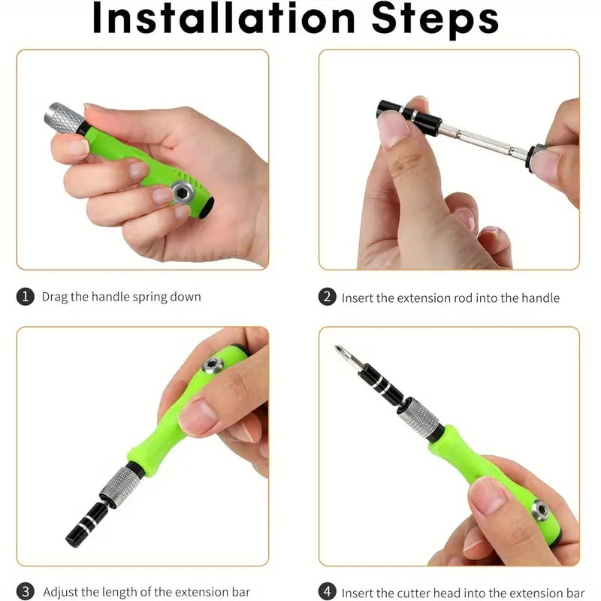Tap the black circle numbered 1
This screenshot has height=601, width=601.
[x=25, y=297]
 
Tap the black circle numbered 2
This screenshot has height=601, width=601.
[x=327, y=297]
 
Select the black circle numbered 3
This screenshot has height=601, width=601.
[x=25, y=591]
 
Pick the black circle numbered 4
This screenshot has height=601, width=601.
[x=327, y=591]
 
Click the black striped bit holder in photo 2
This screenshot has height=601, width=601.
[x=409, y=114]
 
